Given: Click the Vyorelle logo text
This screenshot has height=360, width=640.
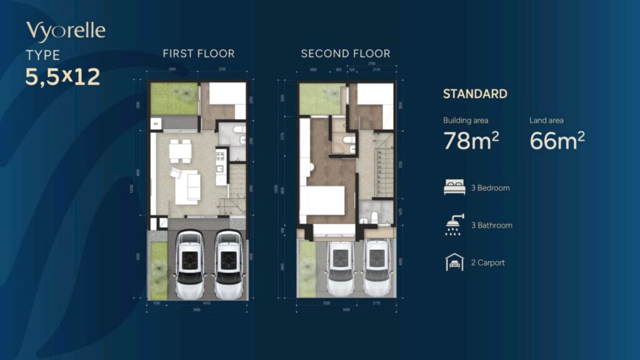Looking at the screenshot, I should pyautogui.click(x=66, y=31).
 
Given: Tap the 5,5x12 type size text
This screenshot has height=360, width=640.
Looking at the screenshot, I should pyautogui.click(x=62, y=76).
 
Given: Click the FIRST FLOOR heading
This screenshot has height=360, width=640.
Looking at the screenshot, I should pyautogui.click(x=199, y=54).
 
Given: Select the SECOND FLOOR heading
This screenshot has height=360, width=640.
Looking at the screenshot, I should pyautogui.click(x=346, y=54).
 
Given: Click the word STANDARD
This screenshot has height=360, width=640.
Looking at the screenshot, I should pyautogui.click(x=475, y=94).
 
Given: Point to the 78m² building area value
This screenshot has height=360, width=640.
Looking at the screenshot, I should pyautogui.click(x=471, y=141).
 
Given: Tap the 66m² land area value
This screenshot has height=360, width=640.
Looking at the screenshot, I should pyautogui.click(x=557, y=141).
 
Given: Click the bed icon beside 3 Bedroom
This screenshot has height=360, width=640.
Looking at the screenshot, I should pyautogui.click(x=454, y=187).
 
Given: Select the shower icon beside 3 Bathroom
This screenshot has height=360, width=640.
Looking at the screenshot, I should pyautogui.click(x=454, y=225).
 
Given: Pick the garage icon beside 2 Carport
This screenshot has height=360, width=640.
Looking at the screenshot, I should pyautogui.click(x=454, y=262).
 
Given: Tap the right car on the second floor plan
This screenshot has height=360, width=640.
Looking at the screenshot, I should pyautogui.click(x=376, y=267).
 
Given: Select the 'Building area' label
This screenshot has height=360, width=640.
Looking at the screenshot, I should pyautogui.click(x=466, y=120).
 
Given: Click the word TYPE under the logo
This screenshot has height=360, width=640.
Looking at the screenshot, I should pyautogui.click(x=43, y=55).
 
